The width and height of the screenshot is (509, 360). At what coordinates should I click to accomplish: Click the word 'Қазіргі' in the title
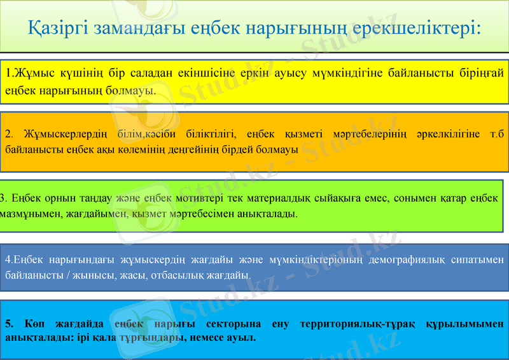(x=59, y=28)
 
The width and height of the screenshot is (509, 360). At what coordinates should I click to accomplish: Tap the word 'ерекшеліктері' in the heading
(x=416, y=28)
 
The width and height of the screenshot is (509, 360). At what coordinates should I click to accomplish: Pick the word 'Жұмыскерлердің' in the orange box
(x=66, y=134)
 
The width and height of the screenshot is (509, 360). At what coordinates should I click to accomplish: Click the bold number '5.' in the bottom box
(x=10, y=324)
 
